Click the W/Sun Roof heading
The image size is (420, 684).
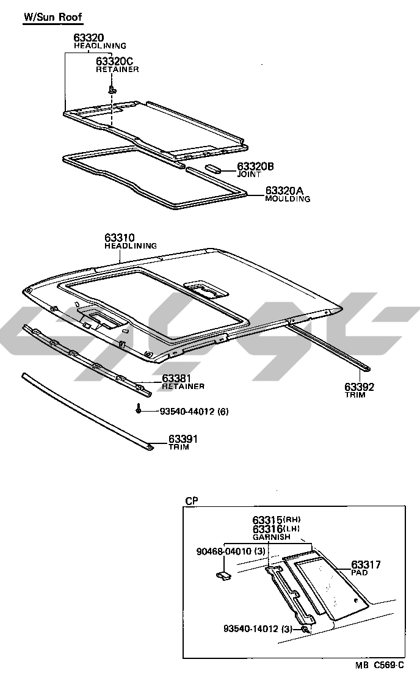click(x=52, y=17)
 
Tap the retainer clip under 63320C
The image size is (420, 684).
click(x=112, y=89)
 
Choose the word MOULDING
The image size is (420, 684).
click(x=288, y=199)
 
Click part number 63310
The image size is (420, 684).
click(x=119, y=238)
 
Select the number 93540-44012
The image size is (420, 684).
click(x=184, y=412)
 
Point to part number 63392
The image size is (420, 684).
click(x=359, y=387)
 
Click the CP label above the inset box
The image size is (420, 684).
click(x=191, y=501)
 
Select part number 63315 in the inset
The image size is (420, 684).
click(x=267, y=520)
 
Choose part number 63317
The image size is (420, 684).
click(x=366, y=565)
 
